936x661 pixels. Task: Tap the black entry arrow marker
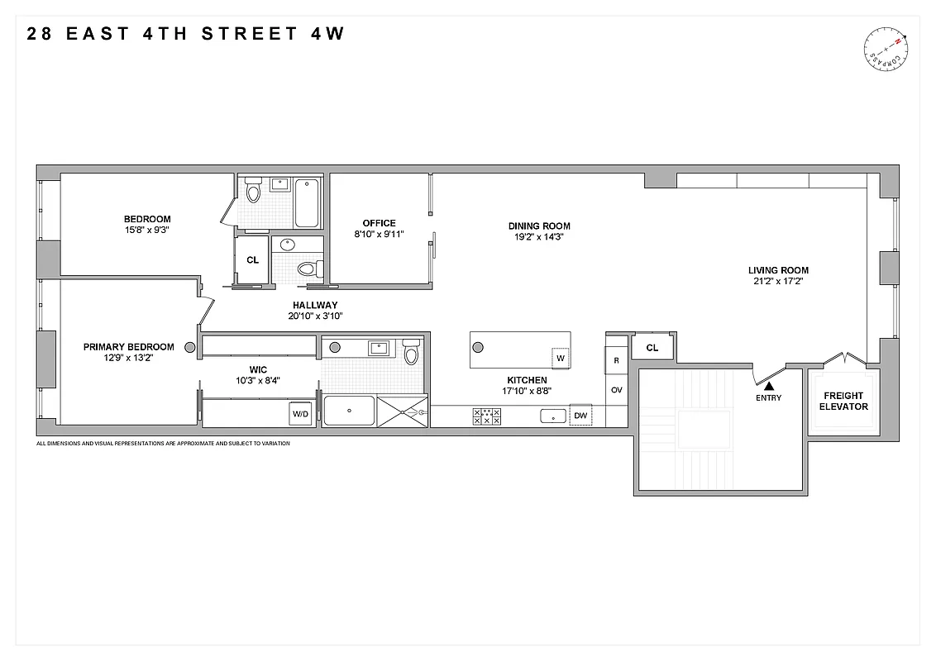tap(769, 384)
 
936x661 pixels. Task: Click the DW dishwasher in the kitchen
tap(580, 416)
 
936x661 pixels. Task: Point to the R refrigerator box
tap(616, 361)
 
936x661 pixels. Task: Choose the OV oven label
tap(616, 390)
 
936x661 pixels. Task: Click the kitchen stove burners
tap(486, 416)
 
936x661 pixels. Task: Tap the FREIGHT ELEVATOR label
tap(844, 401)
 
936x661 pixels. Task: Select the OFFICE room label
tap(379, 223)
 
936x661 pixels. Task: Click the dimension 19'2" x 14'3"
tap(539, 237)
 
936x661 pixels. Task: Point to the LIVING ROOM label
tap(778, 270)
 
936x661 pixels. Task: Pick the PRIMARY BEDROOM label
tap(129, 347)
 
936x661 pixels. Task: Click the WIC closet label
tap(259, 369)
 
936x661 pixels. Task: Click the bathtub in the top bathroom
tap(307, 202)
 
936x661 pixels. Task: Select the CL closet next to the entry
tap(652, 348)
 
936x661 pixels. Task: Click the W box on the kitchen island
tap(560, 358)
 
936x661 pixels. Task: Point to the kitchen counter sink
tap(551, 416)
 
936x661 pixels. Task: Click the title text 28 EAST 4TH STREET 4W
tap(185, 34)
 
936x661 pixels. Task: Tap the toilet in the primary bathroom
tap(411, 353)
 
